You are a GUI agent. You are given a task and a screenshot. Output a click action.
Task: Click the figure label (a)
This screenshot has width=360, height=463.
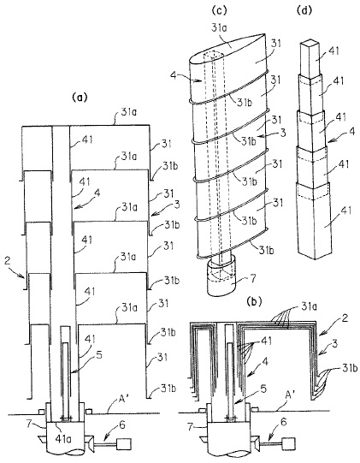pos(80,98)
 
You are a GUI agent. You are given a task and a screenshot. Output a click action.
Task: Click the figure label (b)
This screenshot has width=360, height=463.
pos(254,301)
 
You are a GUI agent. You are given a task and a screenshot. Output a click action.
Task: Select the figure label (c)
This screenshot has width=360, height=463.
pos(220,10)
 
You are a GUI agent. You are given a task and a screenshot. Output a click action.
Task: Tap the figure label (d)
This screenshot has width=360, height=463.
pos(304,10)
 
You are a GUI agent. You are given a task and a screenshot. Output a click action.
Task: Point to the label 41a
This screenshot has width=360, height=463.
pos(63,438)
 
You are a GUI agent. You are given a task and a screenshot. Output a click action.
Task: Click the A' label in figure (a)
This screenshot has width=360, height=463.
pos(116,401)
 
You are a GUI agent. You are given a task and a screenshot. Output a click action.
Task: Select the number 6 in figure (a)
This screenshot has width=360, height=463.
pos(122,425)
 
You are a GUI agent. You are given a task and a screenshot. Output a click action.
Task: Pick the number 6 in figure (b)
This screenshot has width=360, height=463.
pos(283,422)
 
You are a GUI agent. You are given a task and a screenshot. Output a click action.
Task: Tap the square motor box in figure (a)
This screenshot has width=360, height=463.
pos(124,444)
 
